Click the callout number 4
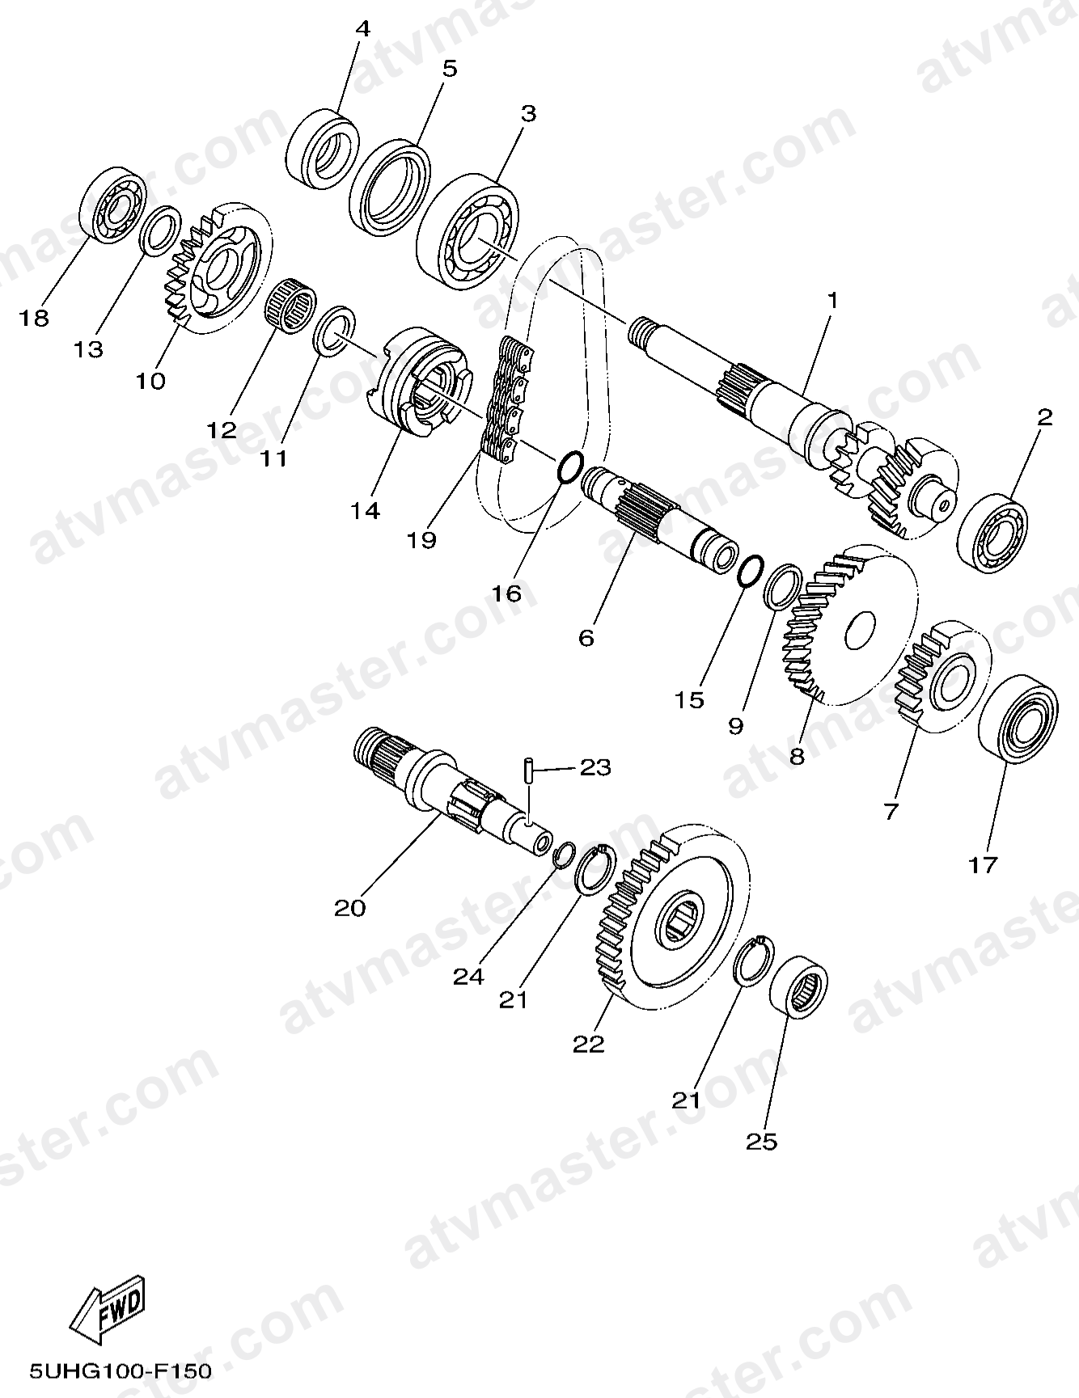[362, 30]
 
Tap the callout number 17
[984, 865]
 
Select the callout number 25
[762, 1142]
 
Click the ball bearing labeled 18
[112, 204]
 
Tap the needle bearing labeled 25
[797, 986]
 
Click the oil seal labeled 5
[390, 189]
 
